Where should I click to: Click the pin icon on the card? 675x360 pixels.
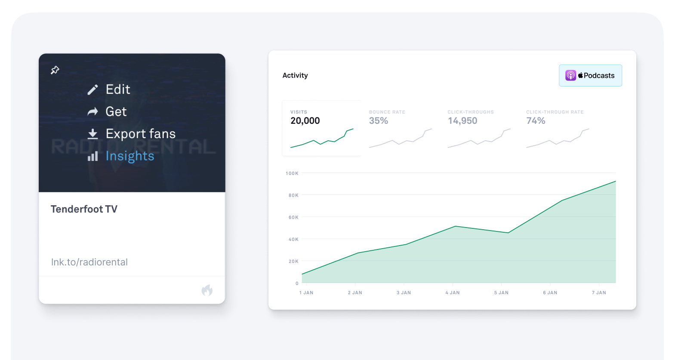[x=55, y=70]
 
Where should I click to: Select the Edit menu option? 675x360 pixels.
[x=117, y=89]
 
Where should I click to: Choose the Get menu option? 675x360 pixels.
[x=116, y=112]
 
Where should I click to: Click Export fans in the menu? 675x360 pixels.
[x=140, y=134]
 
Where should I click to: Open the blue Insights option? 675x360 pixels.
[x=129, y=156]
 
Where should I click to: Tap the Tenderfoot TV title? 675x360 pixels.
[x=84, y=209]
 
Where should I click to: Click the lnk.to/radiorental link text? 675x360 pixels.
[x=89, y=262]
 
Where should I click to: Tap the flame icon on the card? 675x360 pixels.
[x=207, y=290]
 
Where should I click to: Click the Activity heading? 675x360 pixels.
[x=295, y=75]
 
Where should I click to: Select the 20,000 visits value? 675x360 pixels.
[x=305, y=121]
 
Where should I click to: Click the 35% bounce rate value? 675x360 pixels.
[x=379, y=121]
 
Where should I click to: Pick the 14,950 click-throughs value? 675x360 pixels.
[x=462, y=121]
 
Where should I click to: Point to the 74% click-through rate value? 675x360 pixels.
[x=536, y=121]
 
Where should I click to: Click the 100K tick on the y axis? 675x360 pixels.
[x=292, y=173]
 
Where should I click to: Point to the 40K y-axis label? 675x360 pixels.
[x=293, y=239]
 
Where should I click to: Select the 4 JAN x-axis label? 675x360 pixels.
[x=453, y=293]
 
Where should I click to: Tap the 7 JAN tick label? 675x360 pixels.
[x=599, y=293]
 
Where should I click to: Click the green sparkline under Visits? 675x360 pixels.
[x=322, y=138]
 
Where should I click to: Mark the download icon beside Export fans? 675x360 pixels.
[x=92, y=134]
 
